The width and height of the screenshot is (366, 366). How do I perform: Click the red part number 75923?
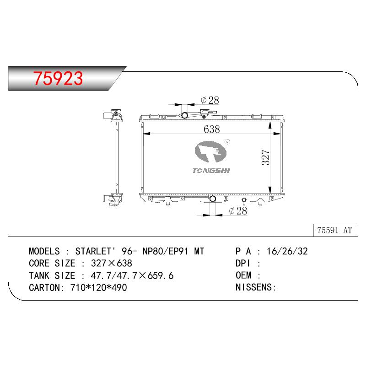(x=58, y=78)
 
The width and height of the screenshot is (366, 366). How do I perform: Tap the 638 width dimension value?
(x=212, y=129)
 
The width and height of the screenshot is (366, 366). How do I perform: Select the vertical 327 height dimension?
(x=266, y=157)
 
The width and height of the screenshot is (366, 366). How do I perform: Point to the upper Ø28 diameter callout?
(x=210, y=100)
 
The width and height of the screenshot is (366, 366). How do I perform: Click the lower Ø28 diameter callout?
(x=238, y=211)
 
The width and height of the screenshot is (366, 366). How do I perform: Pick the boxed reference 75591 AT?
(x=334, y=230)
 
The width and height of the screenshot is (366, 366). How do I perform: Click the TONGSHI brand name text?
(x=211, y=171)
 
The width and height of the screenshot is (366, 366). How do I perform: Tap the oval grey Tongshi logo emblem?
(x=210, y=152)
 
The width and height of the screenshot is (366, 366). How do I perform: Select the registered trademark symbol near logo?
(x=227, y=142)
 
